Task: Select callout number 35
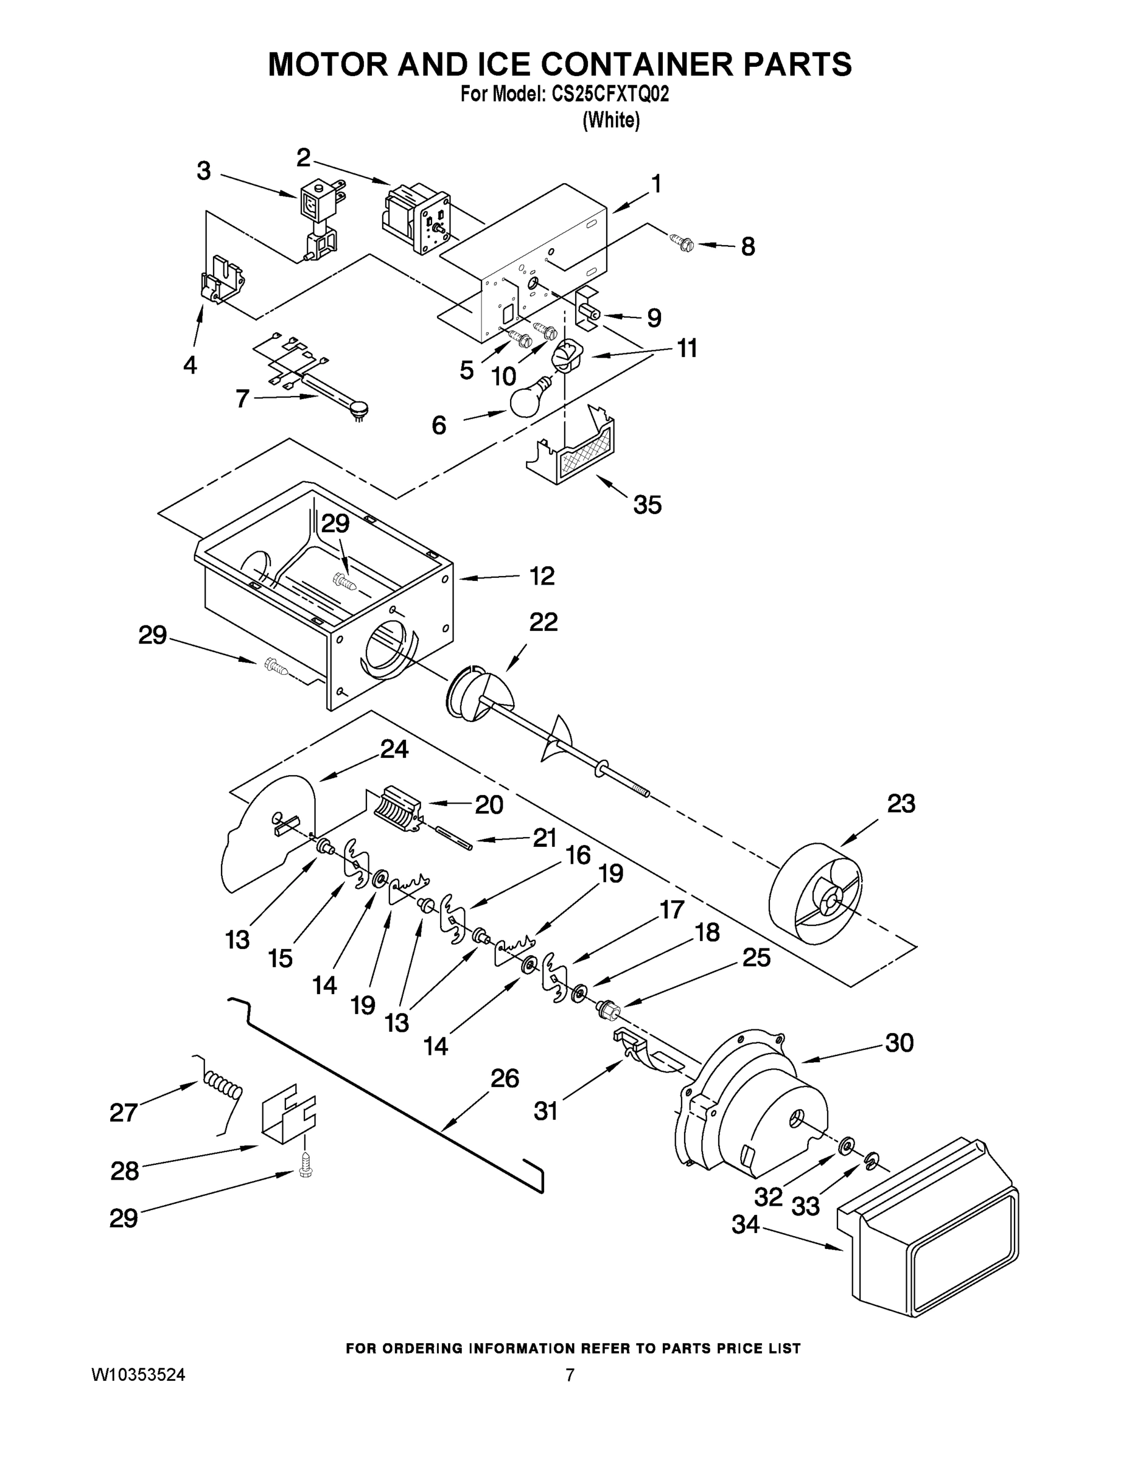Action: [647, 505]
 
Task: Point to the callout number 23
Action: [900, 804]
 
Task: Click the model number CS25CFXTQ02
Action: [609, 95]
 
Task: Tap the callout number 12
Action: [542, 575]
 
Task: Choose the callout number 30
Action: [899, 1042]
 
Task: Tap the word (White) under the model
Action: [611, 120]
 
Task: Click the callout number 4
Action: [190, 365]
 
